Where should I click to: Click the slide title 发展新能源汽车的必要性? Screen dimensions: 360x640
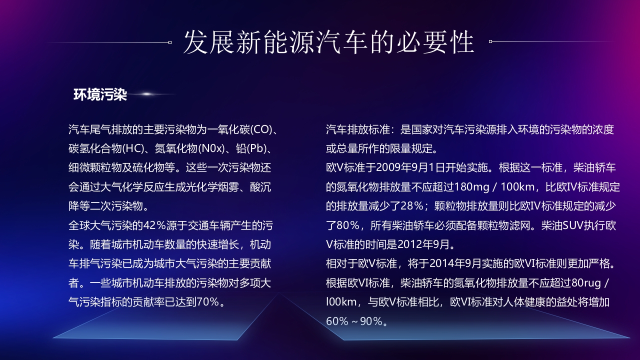(328, 42)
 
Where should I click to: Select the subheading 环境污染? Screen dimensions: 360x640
(100, 94)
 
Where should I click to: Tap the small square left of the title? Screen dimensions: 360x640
(170, 42)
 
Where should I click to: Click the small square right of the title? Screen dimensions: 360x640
(490, 41)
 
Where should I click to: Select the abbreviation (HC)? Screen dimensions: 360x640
(134, 148)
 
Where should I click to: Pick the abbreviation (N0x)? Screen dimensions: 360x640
(214, 148)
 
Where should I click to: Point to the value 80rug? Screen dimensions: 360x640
(585, 282)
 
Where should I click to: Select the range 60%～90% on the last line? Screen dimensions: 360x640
(356, 321)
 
